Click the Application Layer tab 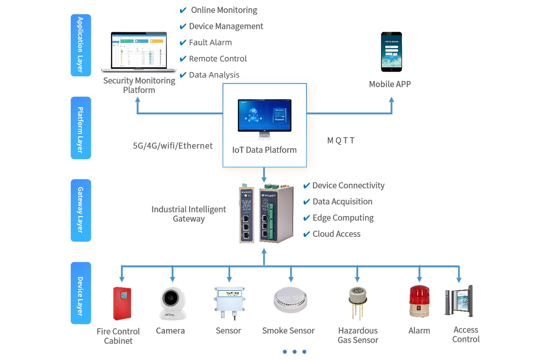click(81, 45)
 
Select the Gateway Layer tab click(81, 210)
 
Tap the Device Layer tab click(81, 293)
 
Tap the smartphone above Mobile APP click(391, 51)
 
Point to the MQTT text click(341, 141)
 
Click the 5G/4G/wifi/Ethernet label click(173, 146)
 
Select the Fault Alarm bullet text click(210, 43)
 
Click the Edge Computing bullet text click(343, 218)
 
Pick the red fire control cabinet click(122, 303)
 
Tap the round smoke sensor click(291, 301)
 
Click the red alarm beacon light click(419, 301)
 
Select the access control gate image click(459, 301)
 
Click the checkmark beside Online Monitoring click(183, 10)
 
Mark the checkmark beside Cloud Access click(306, 234)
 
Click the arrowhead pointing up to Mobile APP click(391, 100)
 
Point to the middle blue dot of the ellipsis click(295, 352)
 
